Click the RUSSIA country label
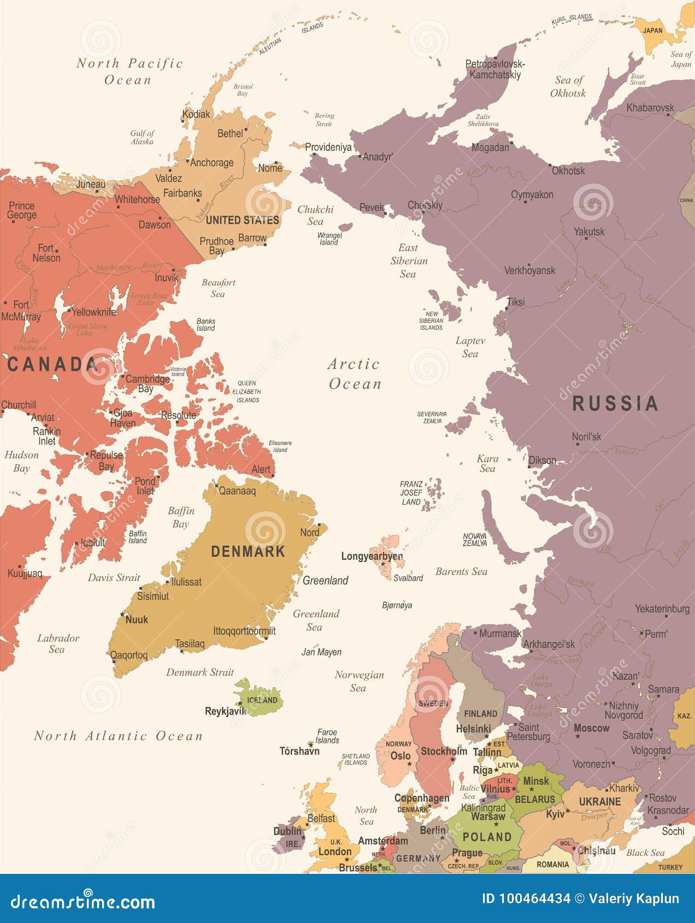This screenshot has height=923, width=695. pos(615,404)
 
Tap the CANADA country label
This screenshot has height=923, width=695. pos(52,364)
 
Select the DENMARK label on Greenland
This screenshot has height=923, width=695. pos(248,551)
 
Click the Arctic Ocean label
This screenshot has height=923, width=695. pos(355,374)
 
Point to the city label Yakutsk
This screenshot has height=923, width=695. pos(589,232)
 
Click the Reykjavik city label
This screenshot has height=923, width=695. pos(225,711)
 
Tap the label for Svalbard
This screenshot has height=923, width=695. pos(408,578)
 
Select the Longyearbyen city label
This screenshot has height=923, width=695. pos(372,556)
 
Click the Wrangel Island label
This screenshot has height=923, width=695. pos(329,239)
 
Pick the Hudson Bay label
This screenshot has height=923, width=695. pos(22,461)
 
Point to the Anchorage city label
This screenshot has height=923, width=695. pos(211,162)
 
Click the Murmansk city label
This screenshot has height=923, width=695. pos(500,634)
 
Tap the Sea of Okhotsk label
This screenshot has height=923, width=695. pos(568,86)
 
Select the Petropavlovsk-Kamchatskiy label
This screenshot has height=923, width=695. pos(495,69)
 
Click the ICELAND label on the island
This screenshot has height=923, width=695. pos(262,700)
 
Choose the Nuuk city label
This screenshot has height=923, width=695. pos(137,619)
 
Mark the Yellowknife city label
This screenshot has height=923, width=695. pos(94,312)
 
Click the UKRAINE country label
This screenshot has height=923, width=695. pos(600,802)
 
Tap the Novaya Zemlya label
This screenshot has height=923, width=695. pos(474,540)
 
